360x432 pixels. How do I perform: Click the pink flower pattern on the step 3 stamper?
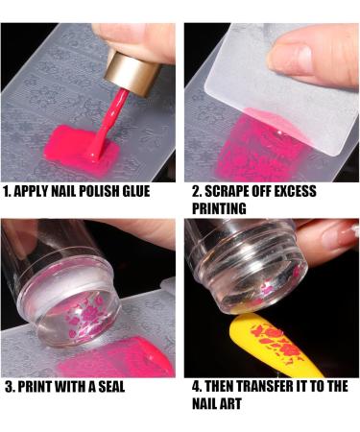[x=84, y=315]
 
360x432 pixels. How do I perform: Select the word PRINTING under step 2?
[x=219, y=208]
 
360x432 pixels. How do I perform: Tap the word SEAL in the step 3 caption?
[x=111, y=387]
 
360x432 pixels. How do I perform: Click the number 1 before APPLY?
[x=7, y=191]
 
